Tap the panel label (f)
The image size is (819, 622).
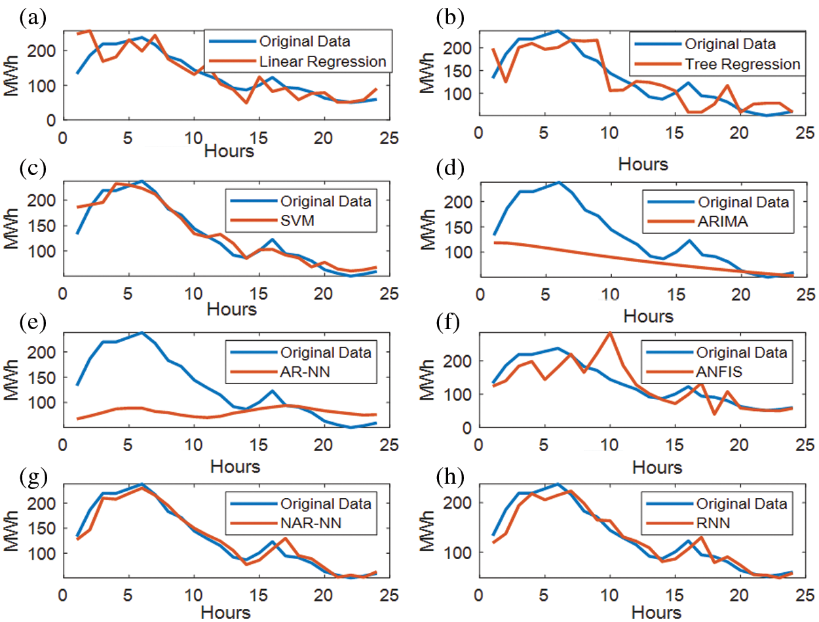pos(449,322)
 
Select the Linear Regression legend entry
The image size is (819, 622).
pos(322,62)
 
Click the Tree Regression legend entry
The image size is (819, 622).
pos(742,64)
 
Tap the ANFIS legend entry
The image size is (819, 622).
pos(721,373)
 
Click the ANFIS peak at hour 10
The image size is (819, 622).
pos(610,332)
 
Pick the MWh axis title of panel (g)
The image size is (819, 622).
pos(12,530)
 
